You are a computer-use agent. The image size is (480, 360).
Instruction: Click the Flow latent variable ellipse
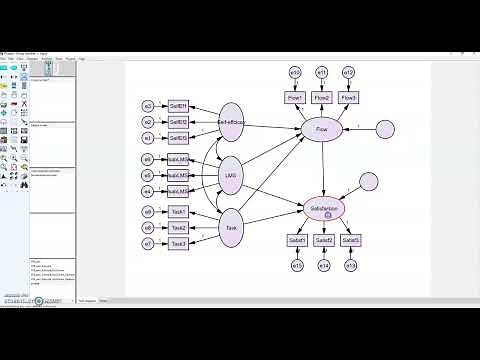321,130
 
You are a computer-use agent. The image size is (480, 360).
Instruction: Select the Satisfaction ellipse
325,209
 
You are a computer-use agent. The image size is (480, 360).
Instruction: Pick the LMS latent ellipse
231,175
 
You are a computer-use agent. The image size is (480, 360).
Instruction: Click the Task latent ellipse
231,227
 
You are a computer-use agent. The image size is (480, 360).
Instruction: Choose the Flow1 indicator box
294,97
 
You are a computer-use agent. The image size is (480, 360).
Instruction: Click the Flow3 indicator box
349,97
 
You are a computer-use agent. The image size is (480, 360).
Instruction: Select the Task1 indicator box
178,212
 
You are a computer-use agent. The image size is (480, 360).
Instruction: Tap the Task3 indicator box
178,243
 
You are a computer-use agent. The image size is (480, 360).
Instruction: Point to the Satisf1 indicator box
297,240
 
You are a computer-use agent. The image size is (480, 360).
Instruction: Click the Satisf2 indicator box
324,240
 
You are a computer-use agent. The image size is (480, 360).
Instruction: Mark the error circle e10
295,72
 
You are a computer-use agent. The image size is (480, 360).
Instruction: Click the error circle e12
349,72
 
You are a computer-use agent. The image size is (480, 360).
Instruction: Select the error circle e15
297,265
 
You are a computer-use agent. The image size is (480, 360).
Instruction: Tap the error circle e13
351,265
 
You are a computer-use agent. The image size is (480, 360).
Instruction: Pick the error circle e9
148,212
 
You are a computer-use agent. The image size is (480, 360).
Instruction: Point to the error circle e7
148,243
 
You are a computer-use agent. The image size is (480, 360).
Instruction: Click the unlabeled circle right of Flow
385,129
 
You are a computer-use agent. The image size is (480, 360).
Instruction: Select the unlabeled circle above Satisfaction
369,181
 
